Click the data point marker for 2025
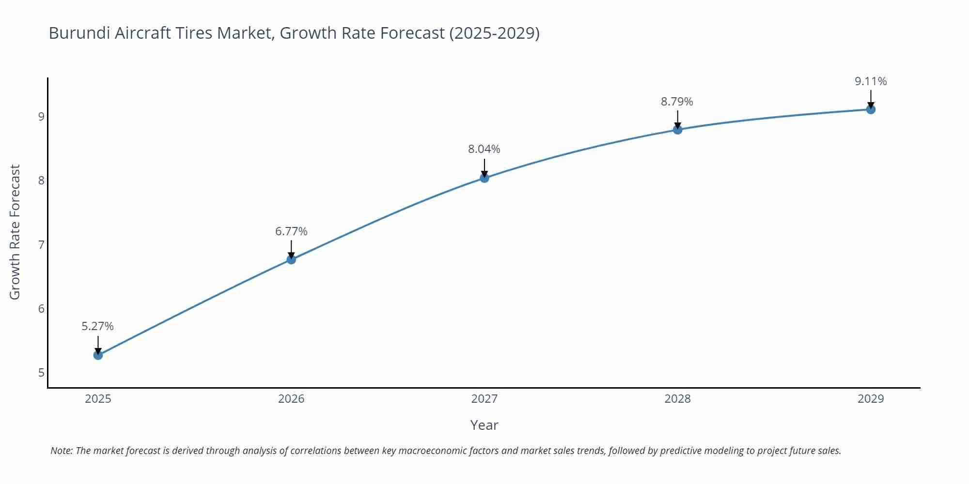[x=98, y=355]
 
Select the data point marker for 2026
[x=291, y=259]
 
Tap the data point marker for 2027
[x=484, y=178]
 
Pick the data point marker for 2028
[x=677, y=130]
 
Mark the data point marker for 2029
[x=871, y=109]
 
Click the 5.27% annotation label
[x=97, y=326]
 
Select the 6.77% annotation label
[x=291, y=231]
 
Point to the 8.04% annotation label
[x=484, y=149]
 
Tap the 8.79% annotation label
[x=677, y=102]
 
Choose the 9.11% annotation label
[x=871, y=81]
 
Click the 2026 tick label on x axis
[x=291, y=399]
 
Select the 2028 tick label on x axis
[x=677, y=399]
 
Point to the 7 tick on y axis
[x=41, y=245]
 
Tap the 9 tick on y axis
[x=41, y=117]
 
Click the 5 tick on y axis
[x=41, y=373]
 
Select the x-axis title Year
[x=484, y=425]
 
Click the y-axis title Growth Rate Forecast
[x=15, y=232]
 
